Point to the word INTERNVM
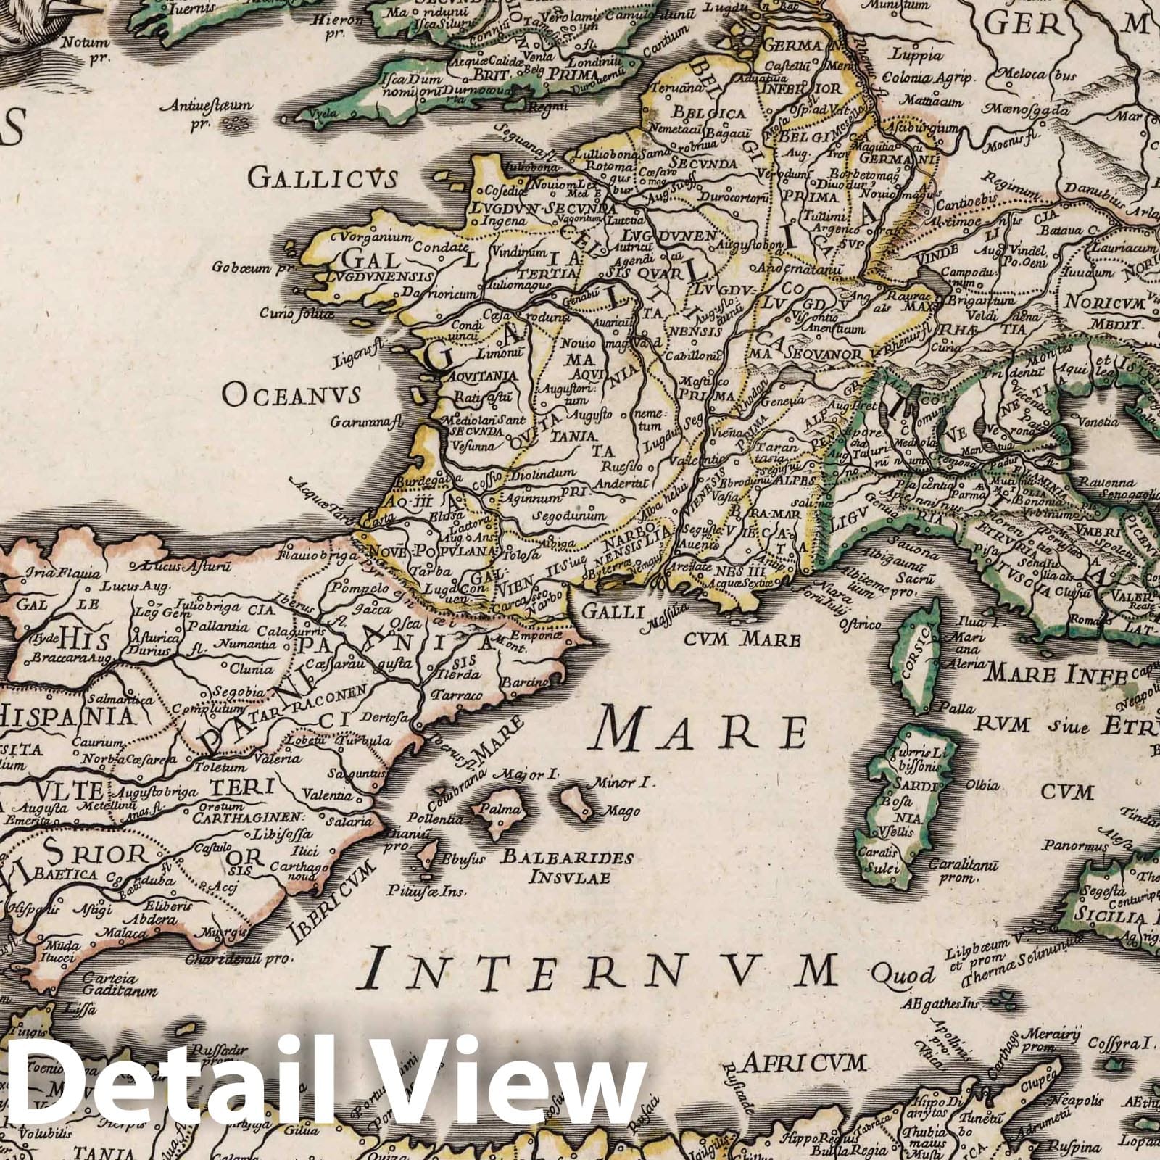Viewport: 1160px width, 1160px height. [x=602, y=970]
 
